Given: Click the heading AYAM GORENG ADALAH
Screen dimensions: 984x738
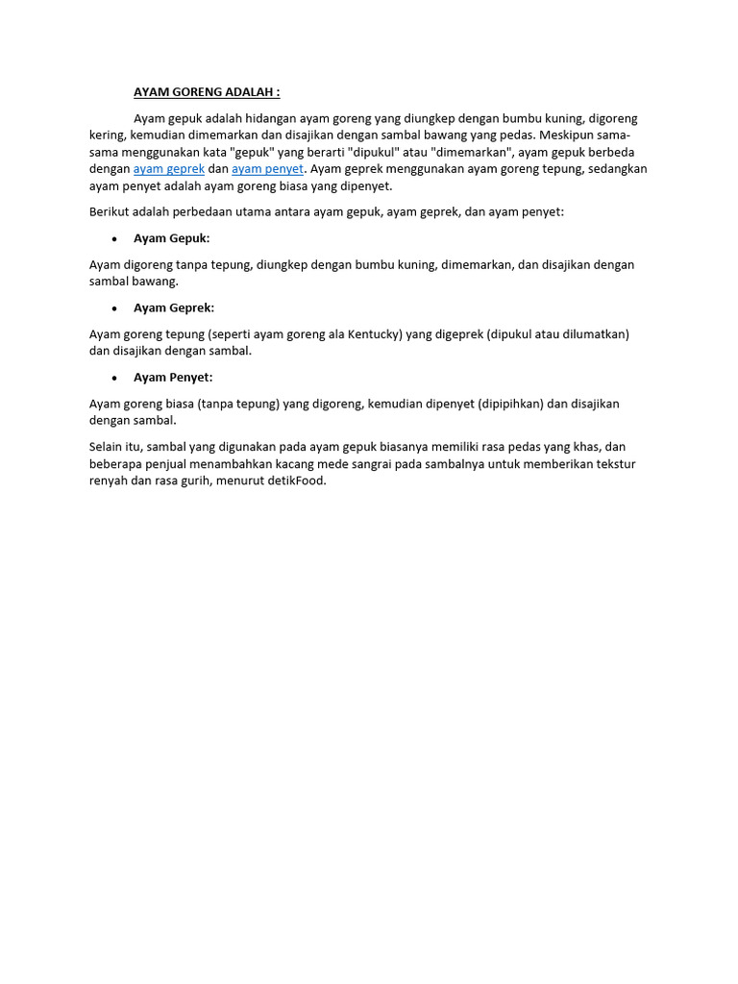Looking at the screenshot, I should click(207, 92).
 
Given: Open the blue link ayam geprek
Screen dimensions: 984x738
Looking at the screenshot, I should click(169, 169).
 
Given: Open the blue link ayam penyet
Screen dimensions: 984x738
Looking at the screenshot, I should click(267, 169).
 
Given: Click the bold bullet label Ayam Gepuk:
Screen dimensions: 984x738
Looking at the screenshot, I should click(171, 238).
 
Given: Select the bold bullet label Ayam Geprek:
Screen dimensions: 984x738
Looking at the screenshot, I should click(174, 307).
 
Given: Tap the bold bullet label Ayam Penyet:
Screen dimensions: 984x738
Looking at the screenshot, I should click(173, 378).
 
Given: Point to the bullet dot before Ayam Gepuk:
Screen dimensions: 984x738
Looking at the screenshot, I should click(115, 238).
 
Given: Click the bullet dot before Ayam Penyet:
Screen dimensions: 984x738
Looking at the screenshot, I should click(115, 378).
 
